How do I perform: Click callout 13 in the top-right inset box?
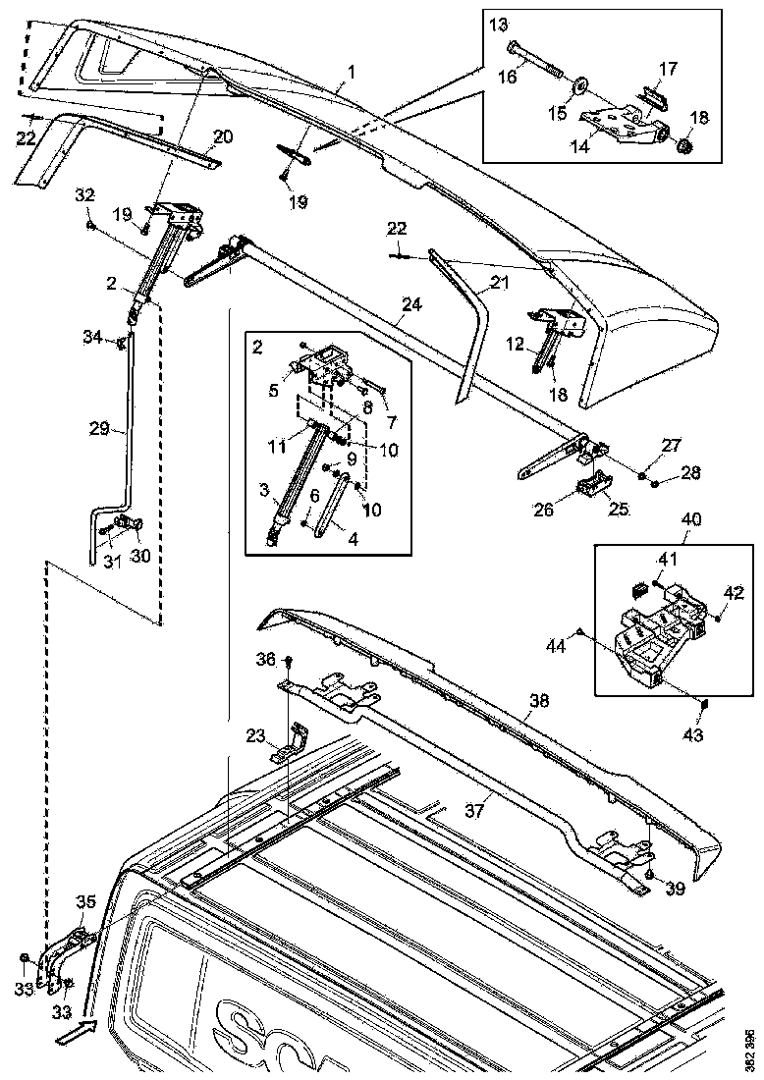tap(500, 24)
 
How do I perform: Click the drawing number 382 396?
tap(749, 1050)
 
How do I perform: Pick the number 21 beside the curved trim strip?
tap(500, 283)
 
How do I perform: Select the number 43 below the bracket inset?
tap(694, 734)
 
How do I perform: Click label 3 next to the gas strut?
tap(262, 489)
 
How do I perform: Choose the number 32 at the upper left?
tap(86, 194)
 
